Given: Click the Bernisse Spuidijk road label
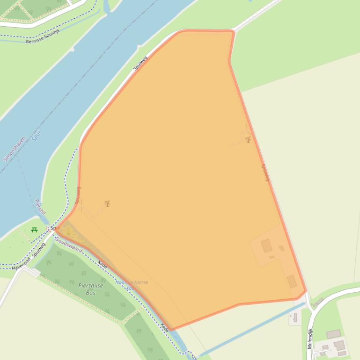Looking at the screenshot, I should tap(43, 36).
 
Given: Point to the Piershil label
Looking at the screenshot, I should tap(40, 207).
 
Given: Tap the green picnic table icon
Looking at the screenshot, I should tap(34, 230).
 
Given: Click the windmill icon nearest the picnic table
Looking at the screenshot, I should tap(108, 203).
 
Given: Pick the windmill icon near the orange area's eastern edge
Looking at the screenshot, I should tap(248, 139).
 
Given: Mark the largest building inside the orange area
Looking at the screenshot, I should tap(266, 245).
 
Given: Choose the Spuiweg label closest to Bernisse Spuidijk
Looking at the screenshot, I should tap(140, 63).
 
